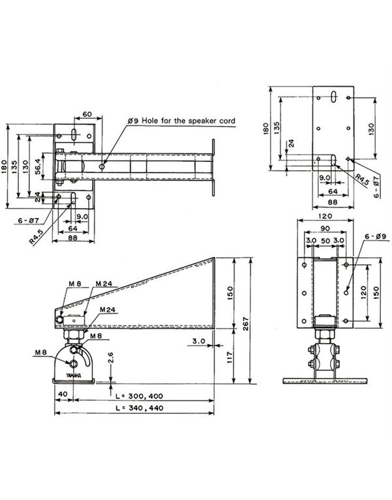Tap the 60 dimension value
tap(86, 114)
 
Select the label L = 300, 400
tap(138, 396)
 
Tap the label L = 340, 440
tap(138, 408)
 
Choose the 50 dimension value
tap(323, 241)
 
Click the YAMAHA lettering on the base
tap(73, 377)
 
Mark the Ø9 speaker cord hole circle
tap(103, 166)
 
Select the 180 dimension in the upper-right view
tap(265, 129)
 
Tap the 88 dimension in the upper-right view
tap(333, 203)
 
